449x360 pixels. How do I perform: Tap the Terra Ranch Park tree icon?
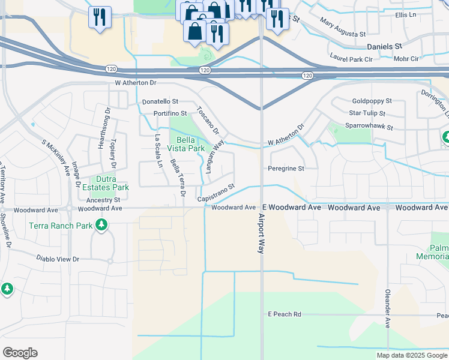101,225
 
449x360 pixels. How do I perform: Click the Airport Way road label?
262,234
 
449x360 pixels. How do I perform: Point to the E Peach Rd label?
284,314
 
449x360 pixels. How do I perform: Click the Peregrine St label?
286,169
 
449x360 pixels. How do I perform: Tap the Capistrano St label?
215,193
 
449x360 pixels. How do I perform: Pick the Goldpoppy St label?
372,101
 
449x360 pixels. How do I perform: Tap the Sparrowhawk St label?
369,127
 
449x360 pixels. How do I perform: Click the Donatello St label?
160,102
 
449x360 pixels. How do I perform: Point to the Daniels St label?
384,46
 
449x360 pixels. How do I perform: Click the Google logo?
20,353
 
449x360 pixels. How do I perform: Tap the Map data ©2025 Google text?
412,355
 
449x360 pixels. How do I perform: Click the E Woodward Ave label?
295,207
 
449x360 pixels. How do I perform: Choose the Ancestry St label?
103,200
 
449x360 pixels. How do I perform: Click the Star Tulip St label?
367,113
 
